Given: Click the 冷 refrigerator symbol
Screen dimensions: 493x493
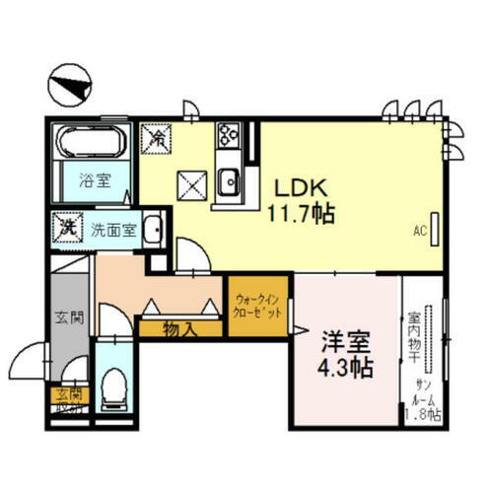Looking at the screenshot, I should click(156, 138).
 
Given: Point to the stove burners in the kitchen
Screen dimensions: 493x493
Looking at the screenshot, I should click(228, 136).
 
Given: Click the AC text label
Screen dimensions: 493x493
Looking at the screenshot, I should click(419, 232).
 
